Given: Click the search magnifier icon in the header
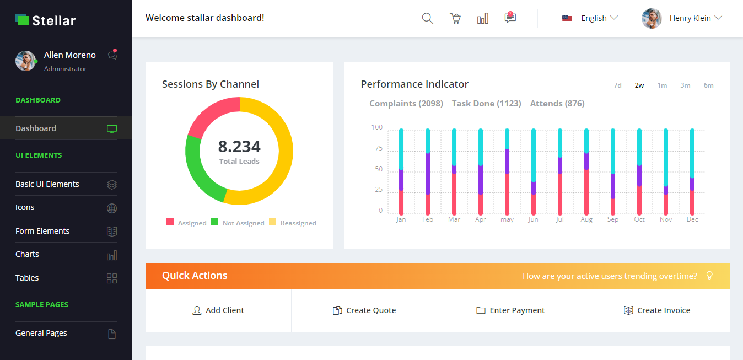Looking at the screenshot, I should click(427, 18).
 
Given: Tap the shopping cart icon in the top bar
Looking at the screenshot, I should click(455, 18).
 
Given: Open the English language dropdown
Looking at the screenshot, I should click(590, 18).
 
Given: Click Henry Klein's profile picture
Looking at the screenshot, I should click(652, 18).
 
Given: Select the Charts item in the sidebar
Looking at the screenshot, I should click(28, 254).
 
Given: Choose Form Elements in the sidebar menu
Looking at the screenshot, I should click(42, 231).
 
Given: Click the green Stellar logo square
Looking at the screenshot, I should click(22, 20).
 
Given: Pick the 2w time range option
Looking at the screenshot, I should click(639, 85).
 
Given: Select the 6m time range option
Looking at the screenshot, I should click(708, 85).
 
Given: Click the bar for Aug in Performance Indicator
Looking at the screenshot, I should click(586, 171).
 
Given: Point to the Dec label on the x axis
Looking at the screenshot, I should click(692, 219).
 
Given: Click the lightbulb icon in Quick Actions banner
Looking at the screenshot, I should click(710, 276).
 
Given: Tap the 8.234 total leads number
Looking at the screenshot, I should click(239, 146).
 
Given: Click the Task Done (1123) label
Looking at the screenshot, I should click(486, 104).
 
